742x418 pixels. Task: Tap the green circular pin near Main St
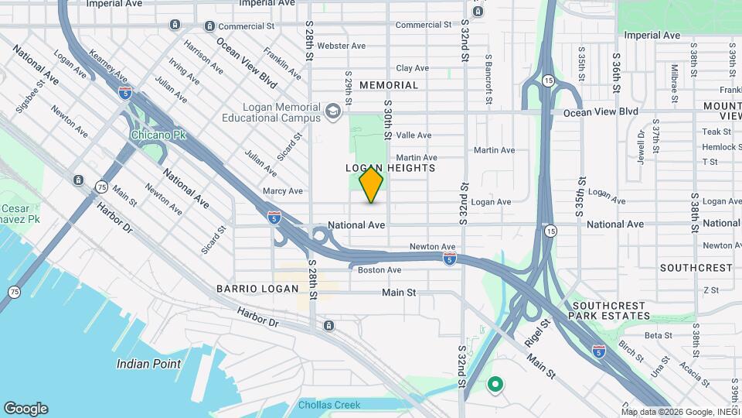coord(495,383)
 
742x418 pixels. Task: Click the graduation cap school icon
coord(333,111)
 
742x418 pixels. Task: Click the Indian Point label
coord(148,364)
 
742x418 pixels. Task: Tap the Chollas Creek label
coord(329,405)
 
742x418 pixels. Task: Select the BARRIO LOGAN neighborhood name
coord(257,289)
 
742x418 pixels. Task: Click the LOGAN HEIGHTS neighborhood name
coord(390,168)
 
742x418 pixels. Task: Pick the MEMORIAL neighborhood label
coord(388,85)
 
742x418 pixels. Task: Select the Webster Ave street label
coord(340,46)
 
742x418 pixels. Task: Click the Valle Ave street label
coord(414,135)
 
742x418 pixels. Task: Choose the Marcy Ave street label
coord(282,190)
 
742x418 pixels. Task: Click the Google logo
coord(26,409)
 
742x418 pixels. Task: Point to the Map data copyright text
coord(681,411)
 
